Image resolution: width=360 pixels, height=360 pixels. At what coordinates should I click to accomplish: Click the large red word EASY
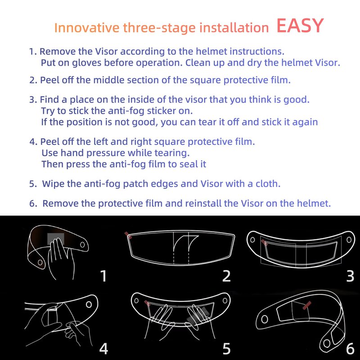tap(300, 26)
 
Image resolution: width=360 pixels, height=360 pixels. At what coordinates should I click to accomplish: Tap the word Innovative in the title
tap(87, 27)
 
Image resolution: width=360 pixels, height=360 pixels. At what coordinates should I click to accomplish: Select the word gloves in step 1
tap(86, 63)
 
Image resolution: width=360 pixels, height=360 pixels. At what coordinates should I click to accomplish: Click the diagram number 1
tap(104, 276)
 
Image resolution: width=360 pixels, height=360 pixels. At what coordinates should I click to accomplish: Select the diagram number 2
tap(226, 276)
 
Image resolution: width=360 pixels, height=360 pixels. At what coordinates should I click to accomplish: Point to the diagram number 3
tap(351, 276)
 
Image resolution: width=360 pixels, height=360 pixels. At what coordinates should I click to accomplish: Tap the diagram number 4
tap(103, 348)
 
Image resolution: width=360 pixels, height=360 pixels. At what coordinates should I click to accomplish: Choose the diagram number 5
tap(226, 349)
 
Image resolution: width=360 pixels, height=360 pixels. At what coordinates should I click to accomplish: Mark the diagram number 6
tap(351, 349)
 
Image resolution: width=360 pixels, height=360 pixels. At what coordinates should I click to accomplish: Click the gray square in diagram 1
tap(56, 239)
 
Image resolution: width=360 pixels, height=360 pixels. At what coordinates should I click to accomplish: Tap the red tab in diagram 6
tap(307, 306)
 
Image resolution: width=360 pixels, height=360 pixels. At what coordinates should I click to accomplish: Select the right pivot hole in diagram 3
tap(349, 240)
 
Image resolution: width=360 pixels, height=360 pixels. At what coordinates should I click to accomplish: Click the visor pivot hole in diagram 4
tap(89, 305)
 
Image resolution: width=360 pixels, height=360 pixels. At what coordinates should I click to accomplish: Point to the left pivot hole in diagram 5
tap(136, 301)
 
